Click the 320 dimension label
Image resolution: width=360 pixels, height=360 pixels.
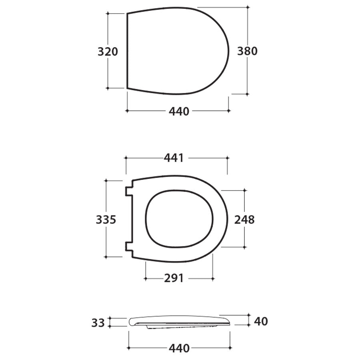108,52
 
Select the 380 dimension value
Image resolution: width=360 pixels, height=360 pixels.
247,51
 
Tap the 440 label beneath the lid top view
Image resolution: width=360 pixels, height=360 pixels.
178,112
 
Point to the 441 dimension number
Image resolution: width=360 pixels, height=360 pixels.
174,158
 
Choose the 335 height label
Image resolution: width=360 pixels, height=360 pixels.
106,220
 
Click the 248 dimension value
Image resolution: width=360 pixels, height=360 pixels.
244,220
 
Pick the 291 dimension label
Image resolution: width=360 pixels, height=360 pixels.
174,278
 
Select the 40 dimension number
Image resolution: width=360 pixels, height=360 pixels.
260,321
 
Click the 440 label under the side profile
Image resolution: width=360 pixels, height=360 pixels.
179,348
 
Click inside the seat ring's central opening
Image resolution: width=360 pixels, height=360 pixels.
179,220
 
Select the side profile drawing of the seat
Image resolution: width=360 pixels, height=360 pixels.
179,322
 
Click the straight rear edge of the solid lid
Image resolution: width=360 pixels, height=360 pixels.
127,51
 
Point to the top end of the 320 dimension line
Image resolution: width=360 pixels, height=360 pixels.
108,13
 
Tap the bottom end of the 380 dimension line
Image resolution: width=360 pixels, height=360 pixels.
248,94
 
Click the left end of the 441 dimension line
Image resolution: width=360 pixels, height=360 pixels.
126,158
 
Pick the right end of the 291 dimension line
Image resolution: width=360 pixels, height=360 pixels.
213,278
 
